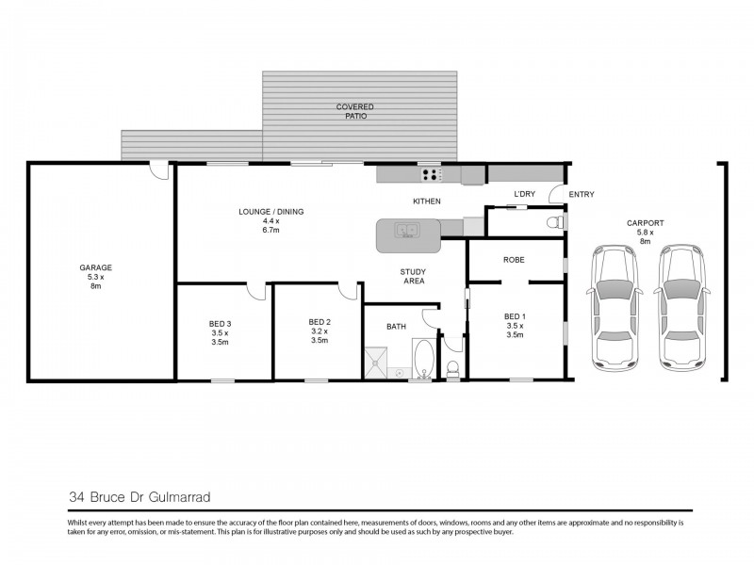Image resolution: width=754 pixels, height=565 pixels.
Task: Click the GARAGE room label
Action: coord(95,267)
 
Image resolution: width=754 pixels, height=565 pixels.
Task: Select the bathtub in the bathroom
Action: coord(421,360)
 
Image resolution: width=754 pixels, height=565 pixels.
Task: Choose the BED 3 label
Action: coord(220,323)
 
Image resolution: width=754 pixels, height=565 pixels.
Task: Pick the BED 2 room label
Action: coord(320,323)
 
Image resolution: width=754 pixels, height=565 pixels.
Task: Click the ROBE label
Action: coord(514,260)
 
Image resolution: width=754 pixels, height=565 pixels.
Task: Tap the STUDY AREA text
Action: coord(412,275)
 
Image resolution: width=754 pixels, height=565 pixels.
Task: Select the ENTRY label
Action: coord(582,195)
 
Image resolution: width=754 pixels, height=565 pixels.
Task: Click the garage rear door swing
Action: coord(161,171)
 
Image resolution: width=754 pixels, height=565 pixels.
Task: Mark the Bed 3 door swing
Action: coord(254,292)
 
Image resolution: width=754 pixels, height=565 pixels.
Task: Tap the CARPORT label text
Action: coord(646,223)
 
